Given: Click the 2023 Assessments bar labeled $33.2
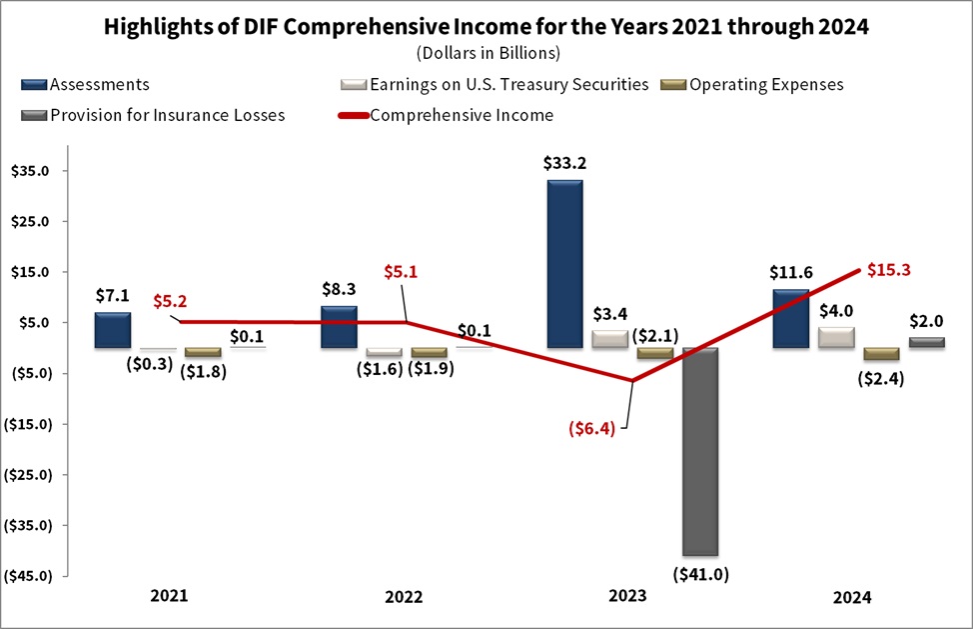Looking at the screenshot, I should coord(564,264).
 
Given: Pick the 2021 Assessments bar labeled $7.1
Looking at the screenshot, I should coord(113,330).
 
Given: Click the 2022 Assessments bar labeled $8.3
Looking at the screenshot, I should coord(339,327).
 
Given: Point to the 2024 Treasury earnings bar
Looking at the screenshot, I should coord(835,337).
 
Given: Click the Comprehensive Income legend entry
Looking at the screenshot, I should coord(461,114).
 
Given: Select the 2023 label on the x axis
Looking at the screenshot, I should coord(627,596).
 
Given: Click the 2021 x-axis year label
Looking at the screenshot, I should coord(169,596).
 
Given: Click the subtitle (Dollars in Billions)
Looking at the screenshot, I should coord(486,52).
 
